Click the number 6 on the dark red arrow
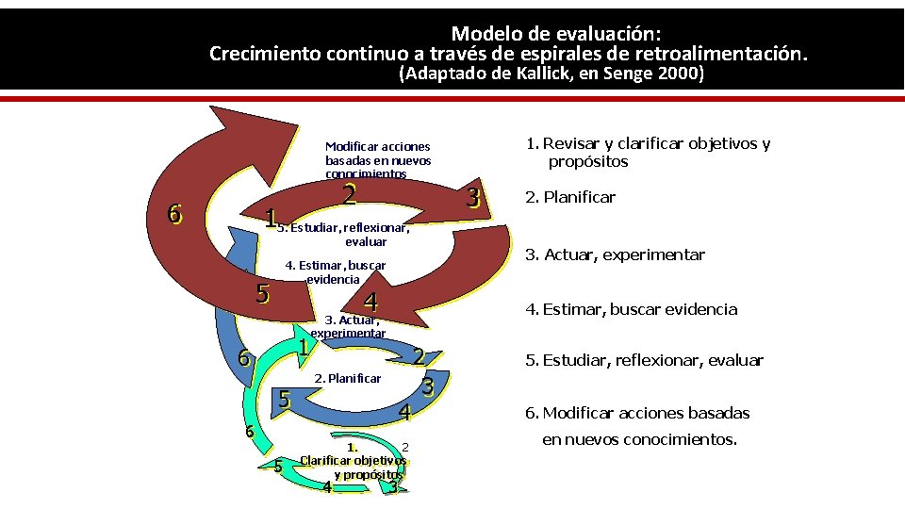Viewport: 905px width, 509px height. [x=173, y=214]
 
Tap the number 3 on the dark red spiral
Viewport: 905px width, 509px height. [x=474, y=198]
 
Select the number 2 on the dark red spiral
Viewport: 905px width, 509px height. [x=349, y=194]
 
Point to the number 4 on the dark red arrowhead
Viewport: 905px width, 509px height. [x=370, y=303]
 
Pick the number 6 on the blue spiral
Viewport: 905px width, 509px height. [x=243, y=358]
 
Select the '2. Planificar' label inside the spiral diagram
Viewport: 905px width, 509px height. [x=347, y=378]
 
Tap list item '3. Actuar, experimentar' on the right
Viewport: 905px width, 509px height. [x=615, y=254]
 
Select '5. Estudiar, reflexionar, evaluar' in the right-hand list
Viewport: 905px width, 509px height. [x=644, y=360]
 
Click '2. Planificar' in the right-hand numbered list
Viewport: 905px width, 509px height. [x=569, y=197]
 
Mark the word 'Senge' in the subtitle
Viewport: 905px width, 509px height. [x=624, y=74]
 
